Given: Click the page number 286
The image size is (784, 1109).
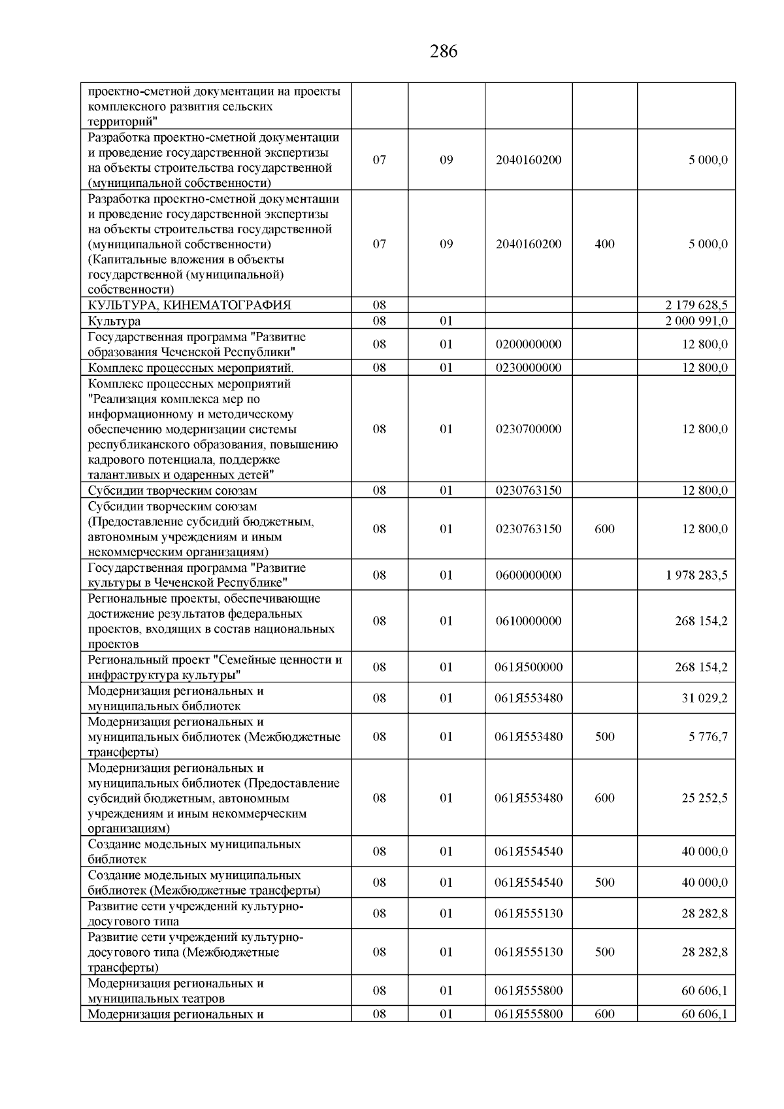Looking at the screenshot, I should tap(444, 52).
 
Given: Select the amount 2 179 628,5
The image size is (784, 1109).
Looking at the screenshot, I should tap(696, 305).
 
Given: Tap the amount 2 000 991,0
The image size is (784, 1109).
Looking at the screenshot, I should tap(696, 321).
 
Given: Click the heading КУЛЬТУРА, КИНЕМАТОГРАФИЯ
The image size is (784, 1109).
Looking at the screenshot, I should tap(189, 305).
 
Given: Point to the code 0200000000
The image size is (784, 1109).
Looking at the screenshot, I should tap(529, 344).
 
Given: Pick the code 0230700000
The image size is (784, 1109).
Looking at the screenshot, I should tap(529, 429).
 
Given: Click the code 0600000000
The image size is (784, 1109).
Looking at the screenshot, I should tap(529, 575).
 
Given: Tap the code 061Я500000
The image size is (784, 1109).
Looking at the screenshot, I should tap(529, 667).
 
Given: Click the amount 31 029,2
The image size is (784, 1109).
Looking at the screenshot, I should tap(704, 698).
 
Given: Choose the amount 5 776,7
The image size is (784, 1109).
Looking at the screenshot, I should tap(708, 737).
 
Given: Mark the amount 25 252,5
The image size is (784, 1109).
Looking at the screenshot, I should tap(704, 798).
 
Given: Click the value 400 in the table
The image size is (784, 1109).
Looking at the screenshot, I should tap(604, 244).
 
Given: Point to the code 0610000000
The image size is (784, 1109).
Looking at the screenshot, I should tap(529, 621).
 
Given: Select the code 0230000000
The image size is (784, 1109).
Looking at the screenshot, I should tap(529, 367).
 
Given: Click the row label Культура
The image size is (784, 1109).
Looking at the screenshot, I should tap(114, 321).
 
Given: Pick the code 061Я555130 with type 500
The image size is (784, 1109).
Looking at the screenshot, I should tap(529, 952).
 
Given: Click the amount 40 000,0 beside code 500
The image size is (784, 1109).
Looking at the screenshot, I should tap(704, 882).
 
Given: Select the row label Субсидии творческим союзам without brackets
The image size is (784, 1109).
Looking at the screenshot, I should tap(172, 491).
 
